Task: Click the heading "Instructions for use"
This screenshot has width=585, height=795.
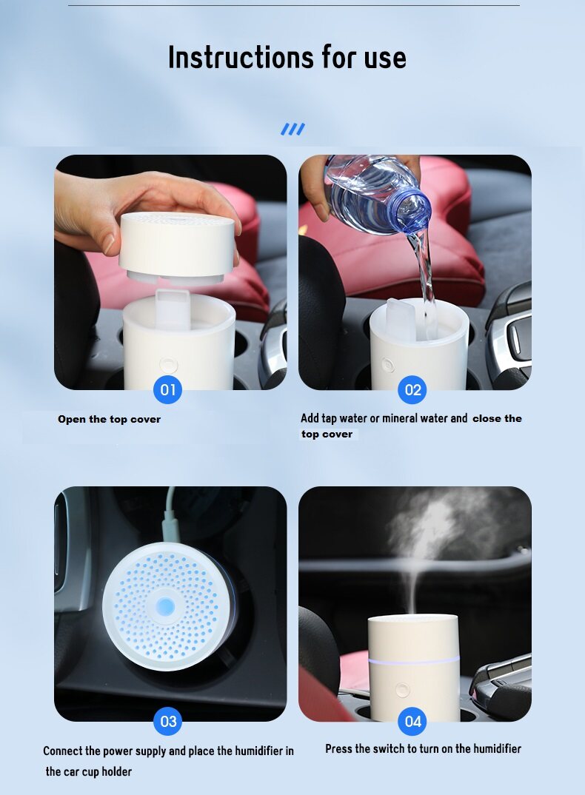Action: click(287, 57)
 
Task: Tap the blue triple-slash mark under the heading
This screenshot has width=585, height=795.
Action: click(292, 130)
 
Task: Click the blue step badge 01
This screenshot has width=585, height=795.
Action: click(168, 389)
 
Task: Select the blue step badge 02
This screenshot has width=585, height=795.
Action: click(412, 389)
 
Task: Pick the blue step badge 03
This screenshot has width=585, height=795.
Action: click(168, 721)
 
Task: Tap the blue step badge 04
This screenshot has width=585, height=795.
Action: click(412, 721)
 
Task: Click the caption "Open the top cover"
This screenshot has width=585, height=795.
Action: click(109, 419)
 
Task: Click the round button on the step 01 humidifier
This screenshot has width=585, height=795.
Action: click(168, 364)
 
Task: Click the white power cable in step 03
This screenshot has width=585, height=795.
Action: click(170, 515)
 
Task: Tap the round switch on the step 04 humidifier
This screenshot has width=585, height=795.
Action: click(403, 690)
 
